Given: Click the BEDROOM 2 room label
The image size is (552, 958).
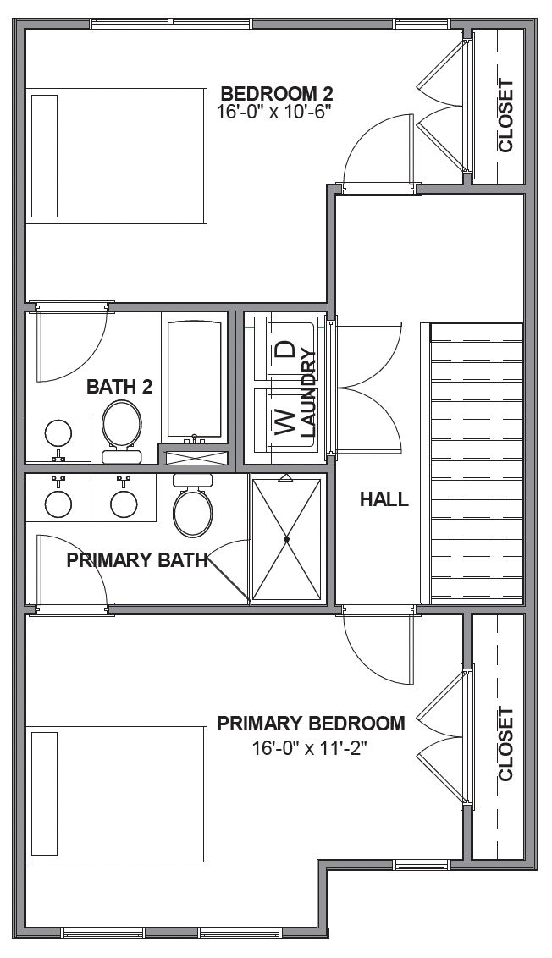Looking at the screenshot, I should pos(276,93).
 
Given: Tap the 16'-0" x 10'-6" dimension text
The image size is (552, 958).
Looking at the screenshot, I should pos(273,111).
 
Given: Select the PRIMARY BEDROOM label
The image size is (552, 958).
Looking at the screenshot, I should pos(311,724).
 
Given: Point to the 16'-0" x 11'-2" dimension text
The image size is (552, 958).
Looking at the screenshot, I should pos(312,748).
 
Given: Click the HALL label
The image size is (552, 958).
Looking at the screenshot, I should pos(384,499).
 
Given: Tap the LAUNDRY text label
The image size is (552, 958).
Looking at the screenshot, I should pos(308,393).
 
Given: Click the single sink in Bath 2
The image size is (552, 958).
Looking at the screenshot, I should pos(58,434).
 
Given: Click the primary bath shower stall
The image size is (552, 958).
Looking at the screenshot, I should pos(287,539).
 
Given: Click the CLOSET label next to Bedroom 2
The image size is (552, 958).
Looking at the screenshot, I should pos(505,115).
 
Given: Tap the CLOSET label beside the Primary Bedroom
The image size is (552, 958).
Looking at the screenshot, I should pos(505,743).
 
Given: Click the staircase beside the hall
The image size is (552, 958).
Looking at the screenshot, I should pos(477,463).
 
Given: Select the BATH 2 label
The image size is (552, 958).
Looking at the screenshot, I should pos(119,387).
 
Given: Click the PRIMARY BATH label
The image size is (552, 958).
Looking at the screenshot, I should pos(138,559).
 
